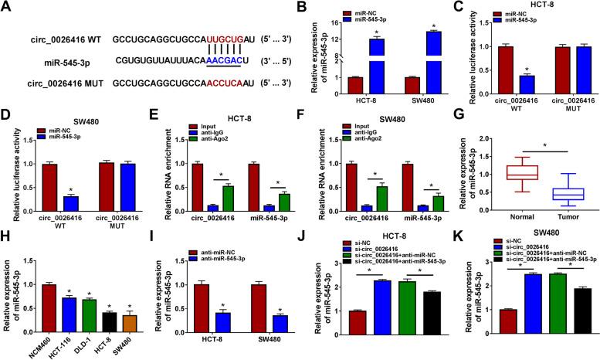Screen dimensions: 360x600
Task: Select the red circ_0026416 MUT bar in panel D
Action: [x=94, y=198]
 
